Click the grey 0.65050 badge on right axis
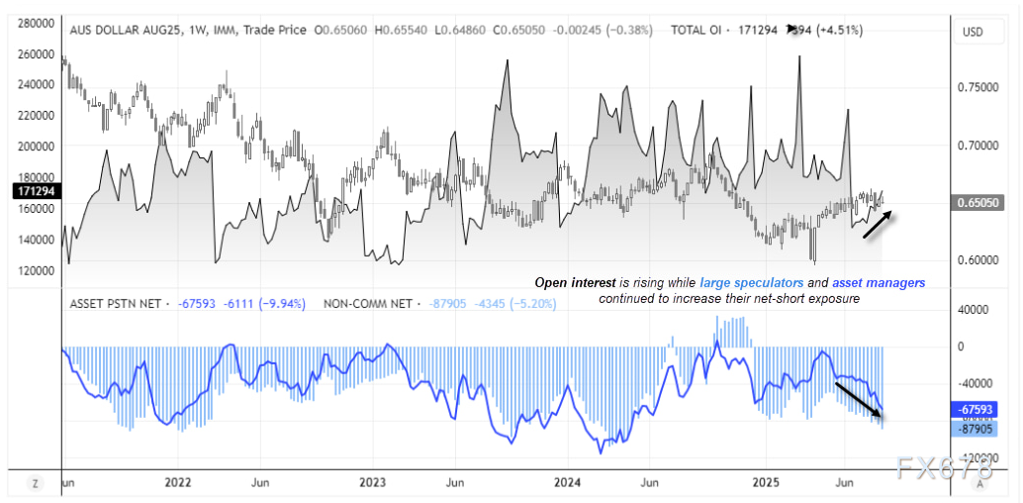click(978, 203)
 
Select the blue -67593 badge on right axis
click(977, 410)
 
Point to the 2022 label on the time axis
click(177, 483)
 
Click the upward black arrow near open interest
click(878, 225)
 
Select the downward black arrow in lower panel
click(859, 399)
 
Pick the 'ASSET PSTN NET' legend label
click(114, 302)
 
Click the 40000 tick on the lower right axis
click(972, 309)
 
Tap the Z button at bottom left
click(35, 483)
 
